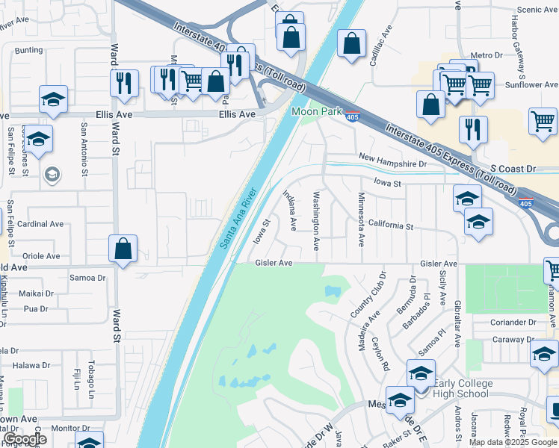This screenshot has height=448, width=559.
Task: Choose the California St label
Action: pyautogui.click(x=391, y=225)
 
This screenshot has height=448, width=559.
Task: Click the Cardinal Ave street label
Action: pyautogui.click(x=40, y=224)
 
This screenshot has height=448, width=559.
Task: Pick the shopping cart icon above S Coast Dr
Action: pyautogui.click(x=543, y=121)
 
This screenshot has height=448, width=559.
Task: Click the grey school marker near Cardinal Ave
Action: pyautogui.click(x=52, y=175)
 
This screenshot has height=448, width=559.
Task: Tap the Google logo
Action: pyautogui.click(x=25, y=439)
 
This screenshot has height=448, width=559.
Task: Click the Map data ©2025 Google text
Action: pyautogui.click(x=513, y=442)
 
